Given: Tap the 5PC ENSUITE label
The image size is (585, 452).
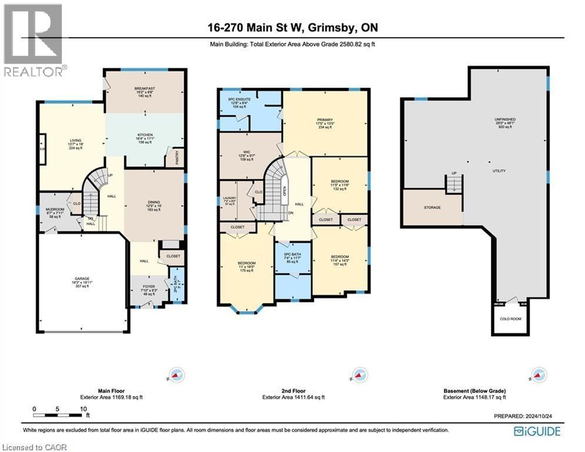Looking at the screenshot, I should click(239, 99).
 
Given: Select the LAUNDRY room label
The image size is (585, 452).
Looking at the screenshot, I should click(229, 197).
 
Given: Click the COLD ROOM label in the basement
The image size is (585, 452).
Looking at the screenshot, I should click(509, 319).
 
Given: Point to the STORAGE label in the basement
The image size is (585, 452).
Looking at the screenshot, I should click(432, 207).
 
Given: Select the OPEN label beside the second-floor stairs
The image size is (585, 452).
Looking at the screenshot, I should click(285, 192).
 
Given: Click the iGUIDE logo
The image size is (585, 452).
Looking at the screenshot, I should click(536, 431).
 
